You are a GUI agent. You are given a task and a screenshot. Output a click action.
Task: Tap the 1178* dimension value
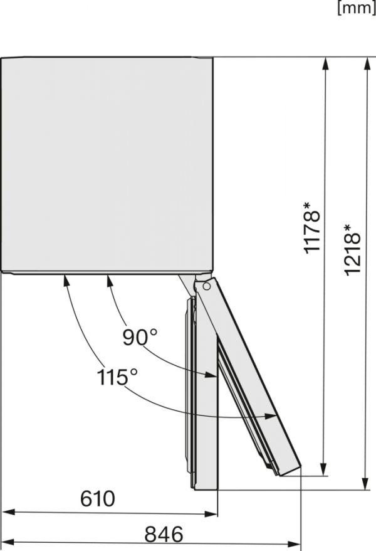pyautogui.click(x=312, y=228)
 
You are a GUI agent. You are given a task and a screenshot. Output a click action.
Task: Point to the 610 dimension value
pyautogui.click(x=98, y=499)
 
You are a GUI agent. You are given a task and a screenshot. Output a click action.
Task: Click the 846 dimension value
pyautogui.click(x=164, y=535)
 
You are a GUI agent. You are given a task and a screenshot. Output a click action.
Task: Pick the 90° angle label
pyautogui.click(x=140, y=338)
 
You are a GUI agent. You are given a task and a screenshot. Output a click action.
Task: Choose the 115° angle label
pyautogui.click(x=117, y=377)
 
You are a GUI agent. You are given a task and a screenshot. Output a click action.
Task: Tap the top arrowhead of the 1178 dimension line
pyautogui.click(x=325, y=63)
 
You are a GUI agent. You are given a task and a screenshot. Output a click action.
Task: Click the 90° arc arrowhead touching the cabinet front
pyautogui.click(x=110, y=280)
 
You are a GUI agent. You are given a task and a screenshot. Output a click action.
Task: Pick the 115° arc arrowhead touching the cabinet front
pyautogui.click(x=66, y=280)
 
